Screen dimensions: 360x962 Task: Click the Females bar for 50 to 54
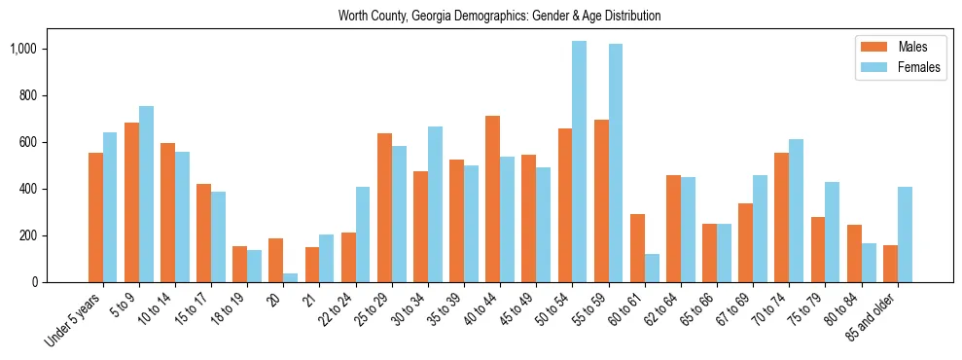[580, 162]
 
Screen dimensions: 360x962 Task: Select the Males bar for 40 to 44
[493, 199]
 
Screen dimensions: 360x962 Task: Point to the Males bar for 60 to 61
[637, 248]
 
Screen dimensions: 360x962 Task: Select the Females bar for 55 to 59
[616, 163]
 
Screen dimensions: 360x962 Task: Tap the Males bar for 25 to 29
[384, 208]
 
